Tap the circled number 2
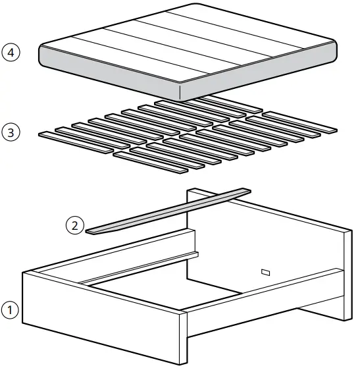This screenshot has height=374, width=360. click(74, 226)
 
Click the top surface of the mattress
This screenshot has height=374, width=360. click(191, 43)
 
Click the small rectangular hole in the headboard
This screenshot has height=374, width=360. click(266, 271)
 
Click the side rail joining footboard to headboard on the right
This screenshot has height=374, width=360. click(263, 296)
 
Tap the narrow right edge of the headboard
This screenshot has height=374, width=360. click(346, 270)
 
